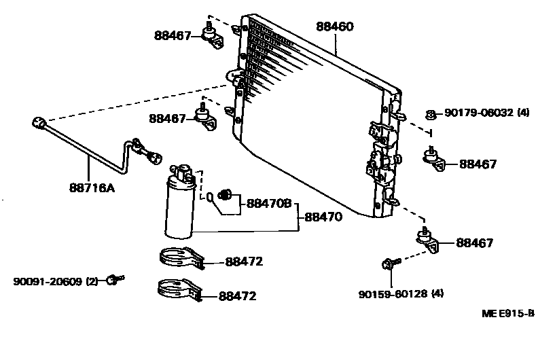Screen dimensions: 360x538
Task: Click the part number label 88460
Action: (x=335, y=27)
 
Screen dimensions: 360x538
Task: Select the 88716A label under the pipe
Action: (x=91, y=187)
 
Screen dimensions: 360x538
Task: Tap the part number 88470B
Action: (x=268, y=203)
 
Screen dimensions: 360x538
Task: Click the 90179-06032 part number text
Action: (x=479, y=113)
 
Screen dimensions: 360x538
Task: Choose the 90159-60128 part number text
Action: (x=391, y=294)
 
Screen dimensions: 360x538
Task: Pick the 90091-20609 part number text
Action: (x=46, y=281)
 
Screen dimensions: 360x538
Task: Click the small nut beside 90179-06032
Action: (x=430, y=114)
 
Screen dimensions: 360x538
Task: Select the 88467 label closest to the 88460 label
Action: (x=173, y=36)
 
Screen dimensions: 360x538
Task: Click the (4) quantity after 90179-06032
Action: (x=522, y=113)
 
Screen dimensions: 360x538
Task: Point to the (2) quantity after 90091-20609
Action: (x=92, y=281)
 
